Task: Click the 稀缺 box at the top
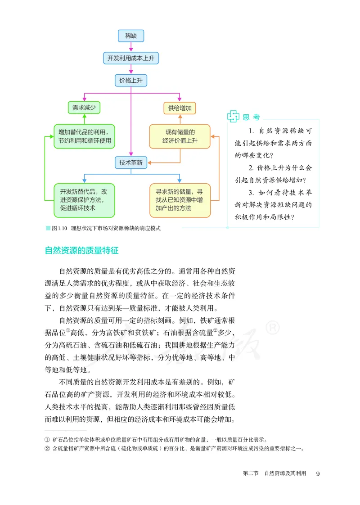[x=130, y=36]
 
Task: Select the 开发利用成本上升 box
[x=130, y=58]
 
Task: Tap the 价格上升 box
[x=130, y=80]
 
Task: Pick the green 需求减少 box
[x=83, y=108]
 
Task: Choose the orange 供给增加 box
[x=180, y=108]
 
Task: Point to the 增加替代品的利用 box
[x=84, y=136]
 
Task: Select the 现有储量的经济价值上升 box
[x=180, y=136]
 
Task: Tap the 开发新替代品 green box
[x=84, y=199]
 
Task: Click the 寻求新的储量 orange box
[x=180, y=199]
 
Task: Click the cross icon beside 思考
[x=233, y=117]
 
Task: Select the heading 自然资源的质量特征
[x=81, y=251]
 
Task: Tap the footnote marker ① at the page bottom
[x=47, y=439]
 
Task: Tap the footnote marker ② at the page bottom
[x=47, y=448]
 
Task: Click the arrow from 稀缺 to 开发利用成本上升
[x=130, y=47]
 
